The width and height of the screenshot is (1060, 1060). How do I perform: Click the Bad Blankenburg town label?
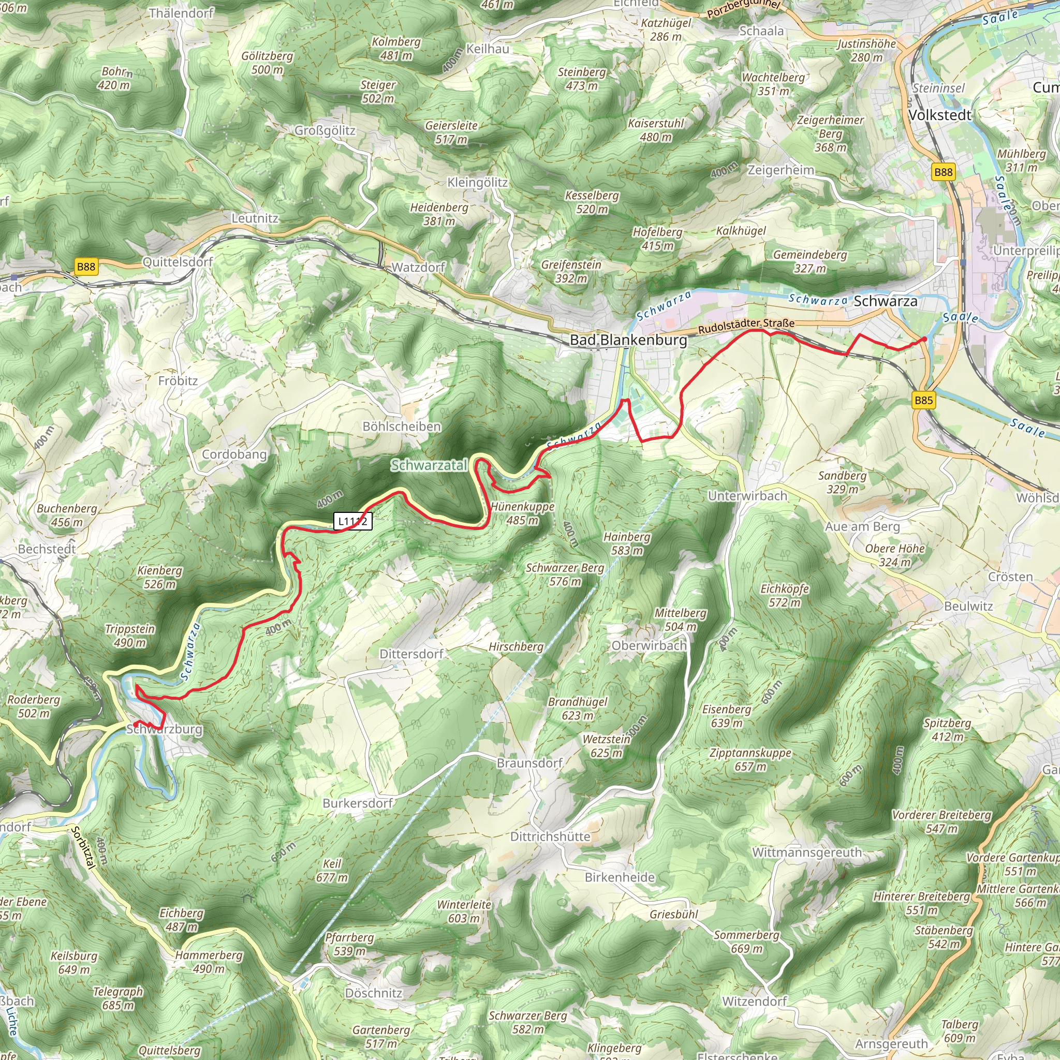(628, 340)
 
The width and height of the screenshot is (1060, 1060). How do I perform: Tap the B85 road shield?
(923, 400)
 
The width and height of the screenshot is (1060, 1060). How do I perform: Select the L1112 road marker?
(353, 521)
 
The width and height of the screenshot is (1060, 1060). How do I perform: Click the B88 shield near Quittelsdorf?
(85, 267)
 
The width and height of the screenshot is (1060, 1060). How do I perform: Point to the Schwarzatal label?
(429, 465)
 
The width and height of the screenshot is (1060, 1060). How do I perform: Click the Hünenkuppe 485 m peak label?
(522, 513)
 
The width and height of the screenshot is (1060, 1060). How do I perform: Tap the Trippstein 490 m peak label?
(130, 636)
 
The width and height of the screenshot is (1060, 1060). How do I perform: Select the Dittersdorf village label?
(411, 654)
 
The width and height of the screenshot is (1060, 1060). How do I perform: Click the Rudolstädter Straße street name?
(746, 327)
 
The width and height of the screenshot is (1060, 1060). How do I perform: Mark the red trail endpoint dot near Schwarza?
(924, 340)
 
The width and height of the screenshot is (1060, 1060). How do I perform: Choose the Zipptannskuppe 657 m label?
(750, 759)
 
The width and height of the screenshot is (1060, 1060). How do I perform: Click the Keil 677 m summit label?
(331, 870)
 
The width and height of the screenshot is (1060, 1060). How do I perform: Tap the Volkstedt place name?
(940, 115)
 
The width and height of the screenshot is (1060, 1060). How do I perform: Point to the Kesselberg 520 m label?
(592, 202)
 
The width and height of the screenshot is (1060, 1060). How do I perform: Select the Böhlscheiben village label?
(402, 426)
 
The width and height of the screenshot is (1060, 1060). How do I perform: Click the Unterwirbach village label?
(747, 495)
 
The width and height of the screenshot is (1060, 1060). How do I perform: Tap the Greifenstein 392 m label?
(571, 271)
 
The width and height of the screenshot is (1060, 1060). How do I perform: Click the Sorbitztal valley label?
(83, 848)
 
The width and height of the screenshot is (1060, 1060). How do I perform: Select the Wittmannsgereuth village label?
(806, 852)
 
